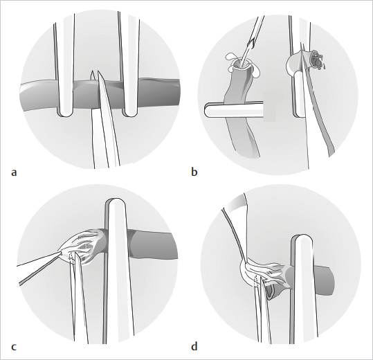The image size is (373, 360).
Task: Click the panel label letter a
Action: tap(14, 172)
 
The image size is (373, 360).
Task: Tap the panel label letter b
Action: tap(194, 171)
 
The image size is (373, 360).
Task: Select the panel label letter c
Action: tap(14, 347)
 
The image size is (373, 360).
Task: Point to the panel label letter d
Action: tap(194, 346)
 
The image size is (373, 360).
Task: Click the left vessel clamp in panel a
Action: tap(65, 66)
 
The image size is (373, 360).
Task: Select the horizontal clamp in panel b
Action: tap(235, 109)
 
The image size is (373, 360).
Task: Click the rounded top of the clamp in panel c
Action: tap(116, 202)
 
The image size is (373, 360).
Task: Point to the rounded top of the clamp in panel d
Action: tap(302, 239)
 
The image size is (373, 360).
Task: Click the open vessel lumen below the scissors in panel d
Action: tap(271, 291)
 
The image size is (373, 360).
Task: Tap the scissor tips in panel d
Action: tap(260, 278)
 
